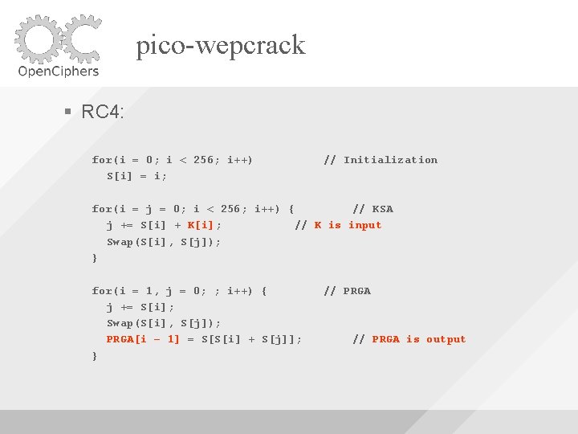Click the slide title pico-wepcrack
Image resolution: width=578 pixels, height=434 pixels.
pyautogui.click(x=221, y=45)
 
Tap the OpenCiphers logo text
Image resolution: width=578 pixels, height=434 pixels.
pyautogui.click(x=58, y=70)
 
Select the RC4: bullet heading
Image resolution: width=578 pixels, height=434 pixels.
pyautogui.click(x=103, y=112)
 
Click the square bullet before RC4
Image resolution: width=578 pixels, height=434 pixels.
pyautogui.click(x=69, y=112)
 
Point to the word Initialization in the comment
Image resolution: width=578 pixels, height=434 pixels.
pyautogui.click(x=390, y=160)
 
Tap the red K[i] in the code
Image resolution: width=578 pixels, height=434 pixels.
pyautogui.click(x=204, y=225)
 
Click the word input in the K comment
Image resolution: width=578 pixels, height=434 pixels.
pyautogui.click(x=364, y=225)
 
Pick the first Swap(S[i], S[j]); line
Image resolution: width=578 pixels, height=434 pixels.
pyautogui.click(x=164, y=242)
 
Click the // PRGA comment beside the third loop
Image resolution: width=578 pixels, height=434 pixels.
pyautogui.click(x=347, y=291)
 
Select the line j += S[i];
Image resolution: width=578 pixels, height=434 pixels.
pyautogui.click(x=140, y=307)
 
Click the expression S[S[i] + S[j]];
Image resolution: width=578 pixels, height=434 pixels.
pyautogui.click(x=252, y=339)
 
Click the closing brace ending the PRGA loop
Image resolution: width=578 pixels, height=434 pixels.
pyautogui.click(x=95, y=355)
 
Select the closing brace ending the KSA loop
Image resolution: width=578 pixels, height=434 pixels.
pyautogui.click(x=95, y=258)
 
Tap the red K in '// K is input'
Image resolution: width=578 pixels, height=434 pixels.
pyautogui.click(x=318, y=225)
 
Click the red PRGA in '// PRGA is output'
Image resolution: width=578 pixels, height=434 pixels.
pyautogui.click(x=385, y=339)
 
